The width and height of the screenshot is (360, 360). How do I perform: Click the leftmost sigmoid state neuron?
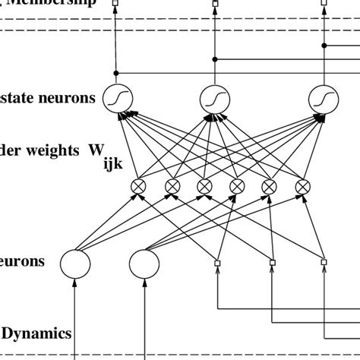pos(117,97)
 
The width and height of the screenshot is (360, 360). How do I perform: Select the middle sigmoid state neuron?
pos(214,97)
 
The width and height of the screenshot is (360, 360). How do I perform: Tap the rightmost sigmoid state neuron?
pos(324,97)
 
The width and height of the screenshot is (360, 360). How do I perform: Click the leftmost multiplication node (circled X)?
pos(140,187)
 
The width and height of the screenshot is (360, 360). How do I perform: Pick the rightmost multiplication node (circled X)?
pos(303,187)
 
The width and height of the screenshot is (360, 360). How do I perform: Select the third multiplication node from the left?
pos(205,187)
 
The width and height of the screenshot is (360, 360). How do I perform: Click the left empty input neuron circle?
pos(75,264)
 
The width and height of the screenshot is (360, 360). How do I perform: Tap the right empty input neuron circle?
pos(144,264)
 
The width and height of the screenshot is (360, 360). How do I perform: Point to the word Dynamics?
pos(36,333)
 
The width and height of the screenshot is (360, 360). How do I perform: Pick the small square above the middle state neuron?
pos(214,4)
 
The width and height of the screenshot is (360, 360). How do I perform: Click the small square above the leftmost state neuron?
pos(117,4)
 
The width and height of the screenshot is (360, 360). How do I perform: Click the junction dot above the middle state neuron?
pos(214,58)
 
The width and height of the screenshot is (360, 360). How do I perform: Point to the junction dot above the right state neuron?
pos(324,46)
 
